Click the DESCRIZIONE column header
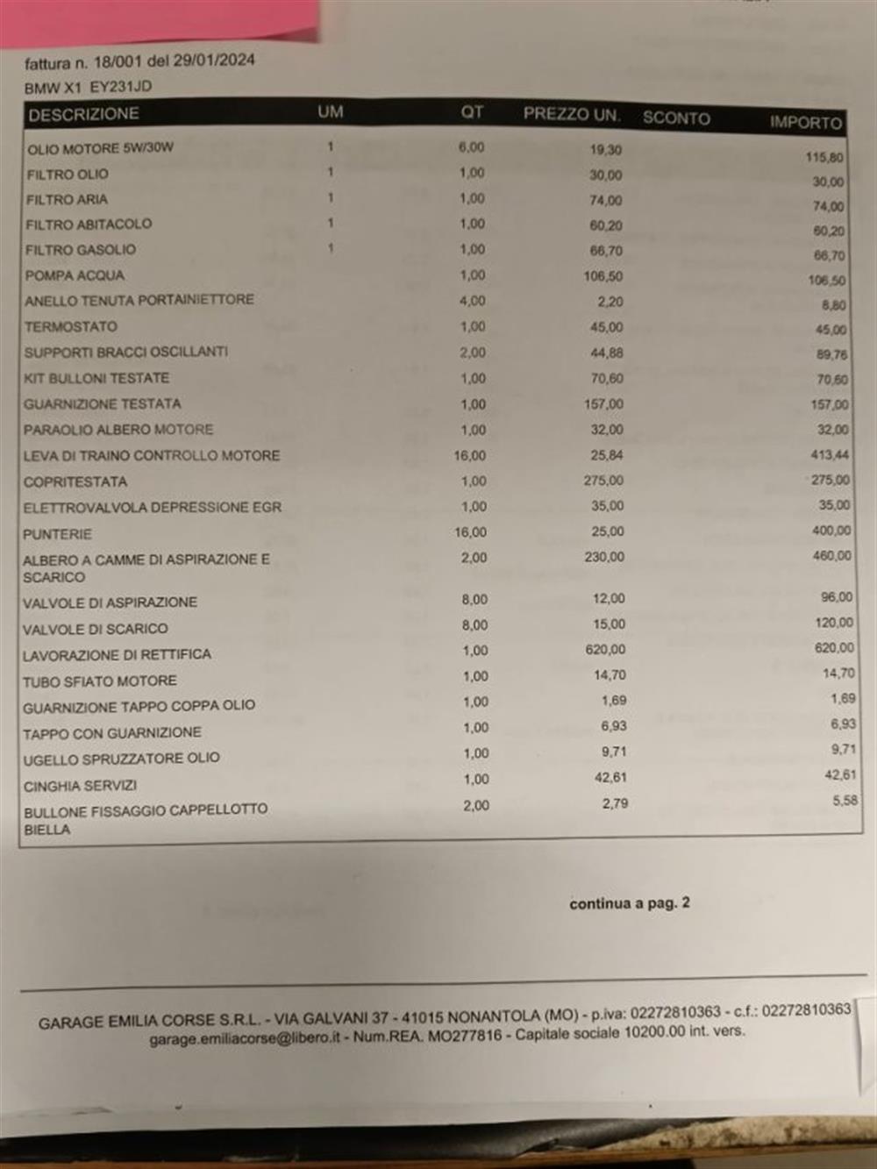[x=83, y=115]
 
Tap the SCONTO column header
[x=676, y=118]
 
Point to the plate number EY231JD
[x=121, y=87]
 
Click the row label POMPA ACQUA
[x=75, y=275]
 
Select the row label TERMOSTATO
[x=70, y=326]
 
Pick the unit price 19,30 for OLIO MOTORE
[x=605, y=150]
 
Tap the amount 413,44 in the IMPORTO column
[x=830, y=455]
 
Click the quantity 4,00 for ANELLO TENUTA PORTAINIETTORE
[x=472, y=301]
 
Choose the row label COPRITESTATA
[x=75, y=481]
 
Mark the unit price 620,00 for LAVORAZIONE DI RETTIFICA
[x=605, y=650]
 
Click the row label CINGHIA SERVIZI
[x=80, y=786]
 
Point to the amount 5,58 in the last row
[x=845, y=801]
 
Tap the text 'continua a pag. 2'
[x=629, y=903]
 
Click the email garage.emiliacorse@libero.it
[x=245, y=1038]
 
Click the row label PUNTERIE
[x=57, y=534]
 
